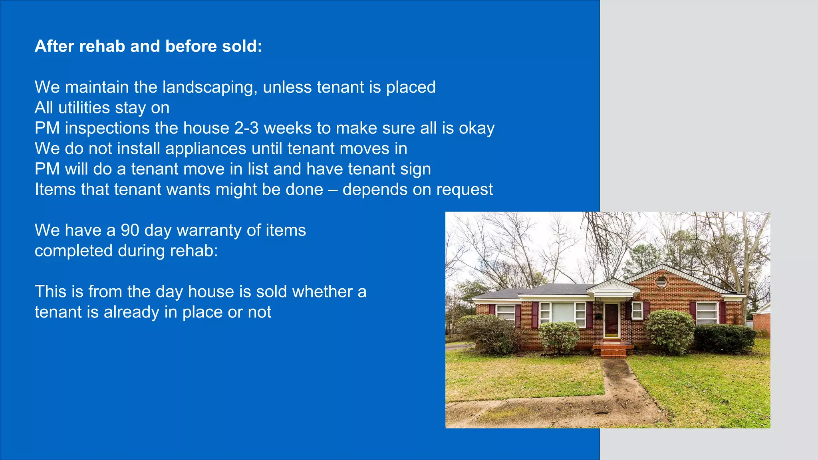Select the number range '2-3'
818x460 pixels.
pos(246,128)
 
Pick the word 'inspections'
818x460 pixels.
pos(107,128)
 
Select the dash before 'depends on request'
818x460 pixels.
pos(333,190)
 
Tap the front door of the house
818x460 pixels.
pos(612,320)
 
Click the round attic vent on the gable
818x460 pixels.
pos(661,282)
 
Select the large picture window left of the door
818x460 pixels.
pos(562,312)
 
